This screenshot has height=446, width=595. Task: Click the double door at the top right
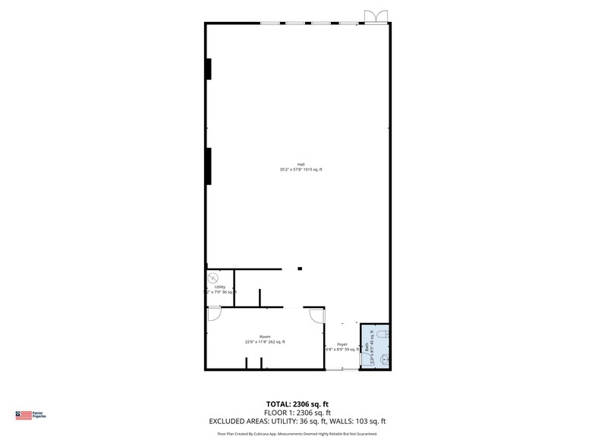pos(374,17)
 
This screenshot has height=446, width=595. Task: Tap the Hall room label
pos(301,165)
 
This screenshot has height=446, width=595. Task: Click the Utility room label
pos(219,287)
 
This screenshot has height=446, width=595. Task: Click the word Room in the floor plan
pos(265,336)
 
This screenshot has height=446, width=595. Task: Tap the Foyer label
pos(342,344)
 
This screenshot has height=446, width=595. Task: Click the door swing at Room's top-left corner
pos(214,313)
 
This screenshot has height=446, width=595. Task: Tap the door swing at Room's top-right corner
pos(316,314)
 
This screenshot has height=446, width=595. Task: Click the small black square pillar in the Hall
pos(300,269)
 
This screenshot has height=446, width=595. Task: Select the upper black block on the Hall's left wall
pos(208,68)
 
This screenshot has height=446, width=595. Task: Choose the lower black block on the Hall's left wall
pos(208,166)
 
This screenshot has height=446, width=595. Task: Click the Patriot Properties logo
pos(31,415)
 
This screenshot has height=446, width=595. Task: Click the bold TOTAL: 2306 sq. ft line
pos(297,404)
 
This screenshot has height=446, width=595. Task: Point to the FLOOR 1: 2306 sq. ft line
pos(297,412)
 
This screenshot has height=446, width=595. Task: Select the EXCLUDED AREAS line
pos(297,421)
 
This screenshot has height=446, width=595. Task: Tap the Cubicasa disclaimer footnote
pos(297,434)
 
